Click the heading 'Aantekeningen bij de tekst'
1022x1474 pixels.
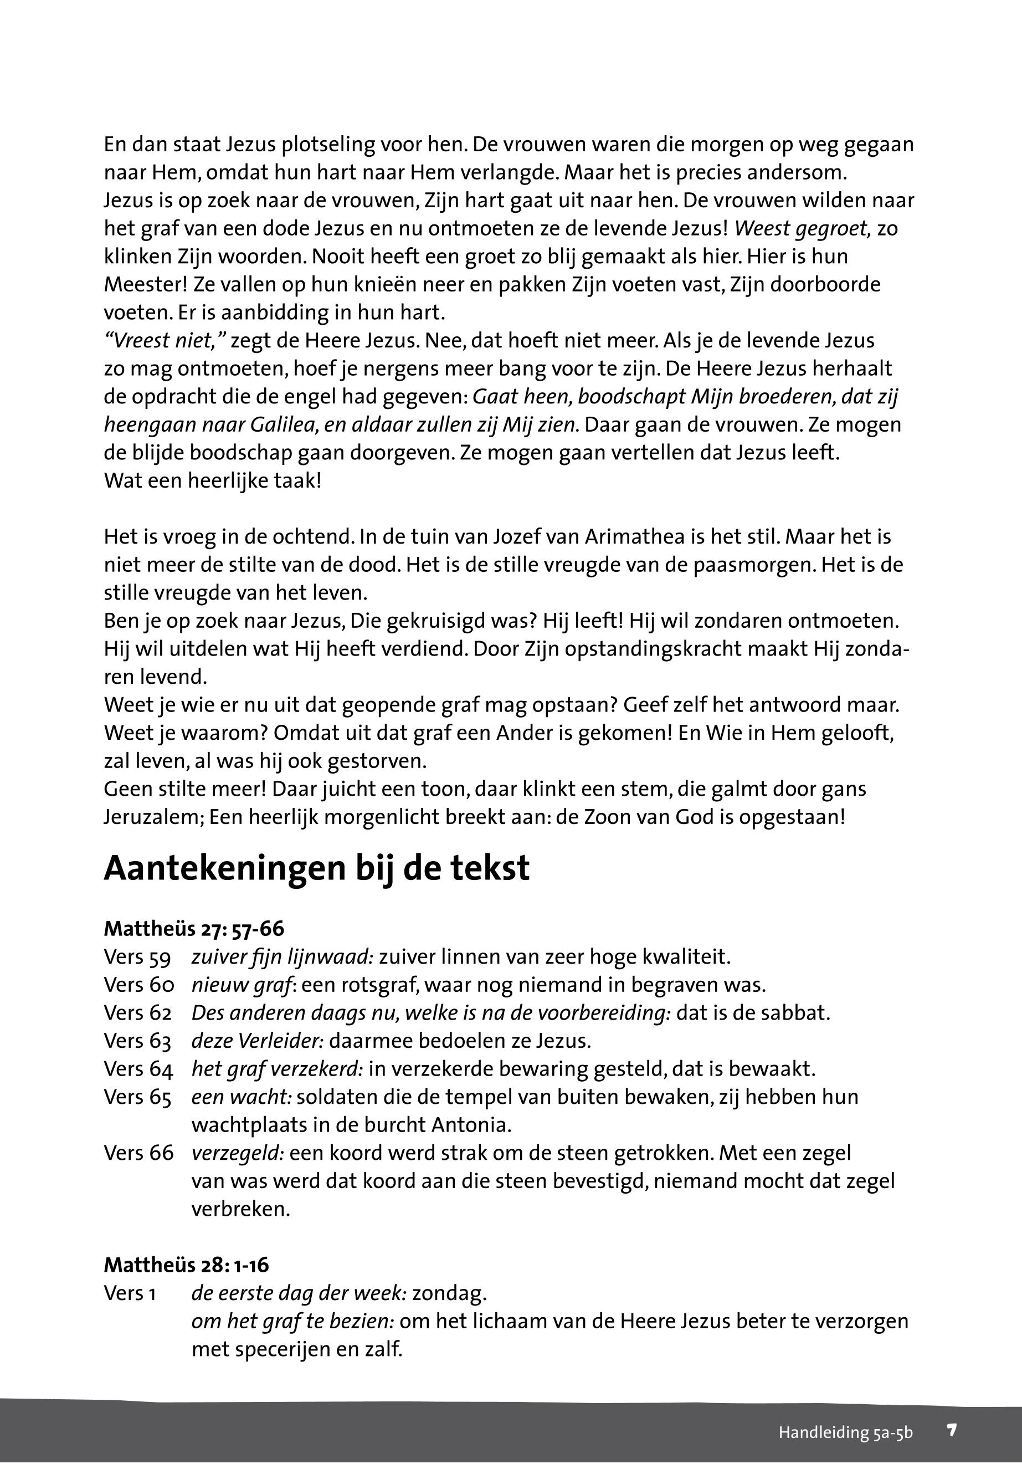pyautogui.click(x=316, y=869)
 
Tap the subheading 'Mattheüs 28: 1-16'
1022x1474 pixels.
pyautogui.click(x=186, y=1265)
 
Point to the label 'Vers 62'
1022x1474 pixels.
pyautogui.click(x=138, y=1014)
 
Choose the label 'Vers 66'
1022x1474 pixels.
pyautogui.click(x=138, y=1153)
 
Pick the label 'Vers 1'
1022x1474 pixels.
pyautogui.click(x=130, y=1293)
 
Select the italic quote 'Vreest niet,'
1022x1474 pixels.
pyautogui.click(x=165, y=341)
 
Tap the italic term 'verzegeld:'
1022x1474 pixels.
pyautogui.click(x=238, y=1153)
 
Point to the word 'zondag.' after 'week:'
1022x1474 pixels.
pyautogui.click(x=450, y=1293)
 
